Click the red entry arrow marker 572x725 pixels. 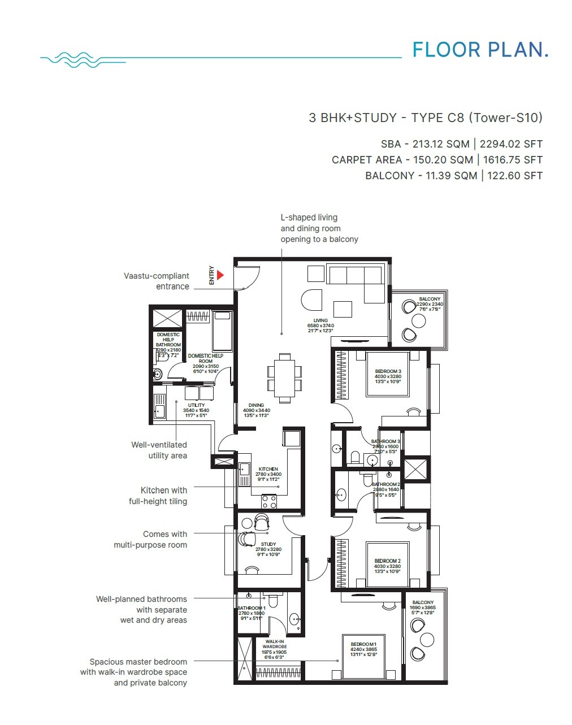click(x=220, y=275)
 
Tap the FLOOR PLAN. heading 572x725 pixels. click(x=480, y=50)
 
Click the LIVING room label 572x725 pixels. click(x=320, y=325)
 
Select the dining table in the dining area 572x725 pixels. click(x=284, y=377)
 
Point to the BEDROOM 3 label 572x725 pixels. click(x=388, y=374)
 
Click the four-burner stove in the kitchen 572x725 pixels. click(x=269, y=501)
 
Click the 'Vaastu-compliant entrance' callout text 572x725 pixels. click(x=157, y=281)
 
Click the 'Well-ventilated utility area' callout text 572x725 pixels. click(x=159, y=450)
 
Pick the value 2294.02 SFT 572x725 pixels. click(x=511, y=144)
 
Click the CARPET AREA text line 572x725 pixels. click(x=437, y=160)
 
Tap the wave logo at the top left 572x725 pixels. click(x=71, y=59)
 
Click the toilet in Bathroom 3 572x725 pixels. click(x=356, y=456)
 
